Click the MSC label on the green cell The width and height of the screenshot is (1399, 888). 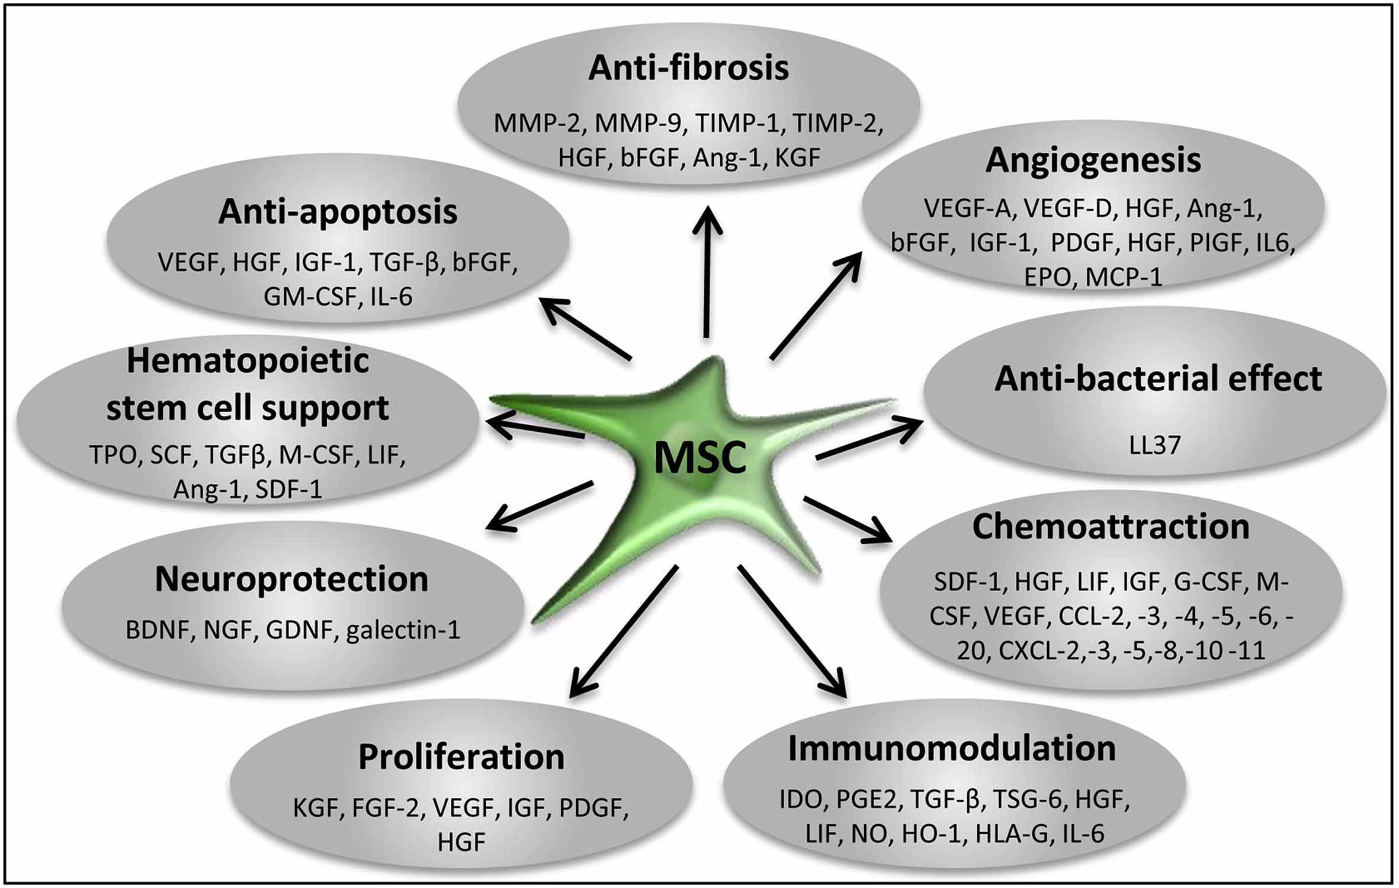(x=699, y=459)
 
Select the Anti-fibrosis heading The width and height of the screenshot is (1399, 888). (x=688, y=69)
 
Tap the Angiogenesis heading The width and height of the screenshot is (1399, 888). (x=1093, y=161)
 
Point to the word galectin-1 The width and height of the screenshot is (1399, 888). (x=403, y=630)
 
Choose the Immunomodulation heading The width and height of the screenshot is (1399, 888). (x=952, y=749)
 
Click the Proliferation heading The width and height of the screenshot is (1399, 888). (x=461, y=757)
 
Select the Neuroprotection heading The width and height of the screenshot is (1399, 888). (x=291, y=579)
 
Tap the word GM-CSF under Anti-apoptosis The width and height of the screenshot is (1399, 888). (x=309, y=296)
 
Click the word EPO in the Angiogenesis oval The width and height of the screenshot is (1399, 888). (x=1049, y=277)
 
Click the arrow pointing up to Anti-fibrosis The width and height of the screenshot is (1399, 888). (x=707, y=273)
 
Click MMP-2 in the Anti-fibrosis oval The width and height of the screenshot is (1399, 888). (x=537, y=124)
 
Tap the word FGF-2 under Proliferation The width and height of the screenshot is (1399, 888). (x=389, y=807)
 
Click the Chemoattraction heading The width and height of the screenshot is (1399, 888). (x=1111, y=527)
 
